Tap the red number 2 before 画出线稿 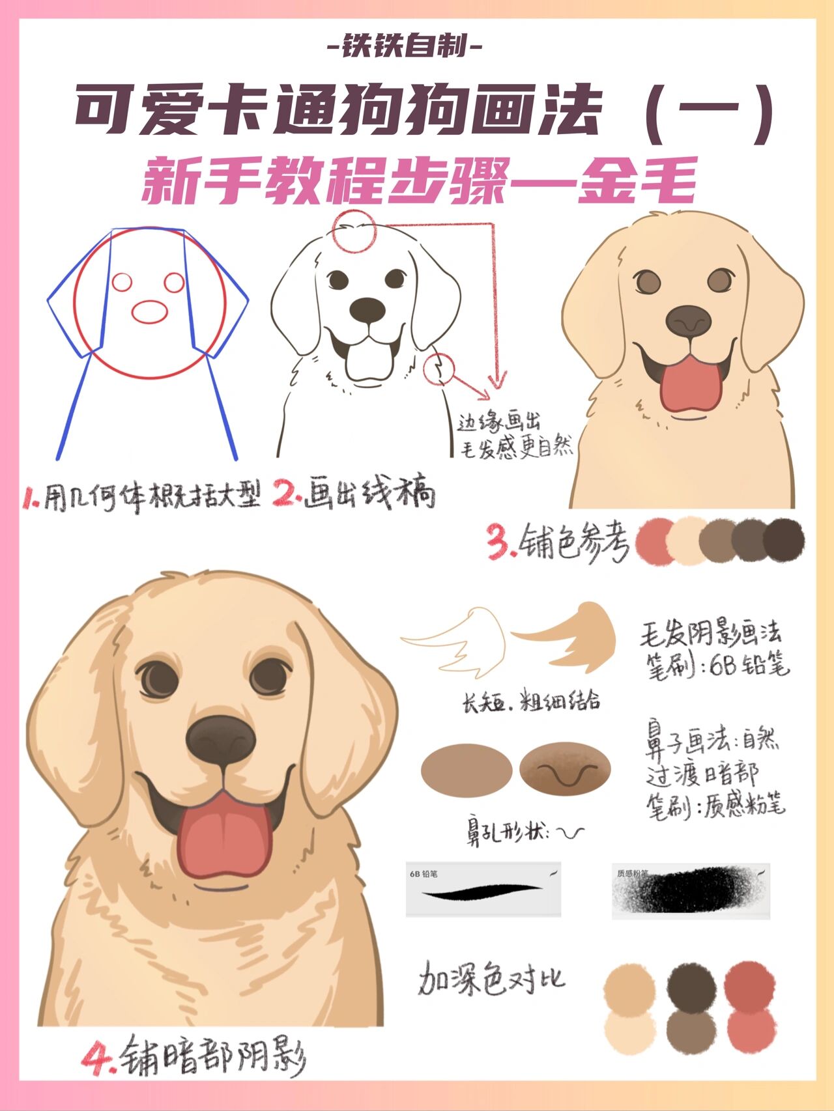tap(285, 493)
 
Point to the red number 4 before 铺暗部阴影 tap(96, 1058)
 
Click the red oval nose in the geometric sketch tap(150, 311)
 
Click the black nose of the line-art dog tap(367, 310)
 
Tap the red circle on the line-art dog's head tap(354, 231)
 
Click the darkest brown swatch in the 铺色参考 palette tap(784, 541)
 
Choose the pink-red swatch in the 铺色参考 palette tap(654, 541)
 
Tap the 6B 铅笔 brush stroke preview tap(483, 890)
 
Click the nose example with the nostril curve tap(566, 770)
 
